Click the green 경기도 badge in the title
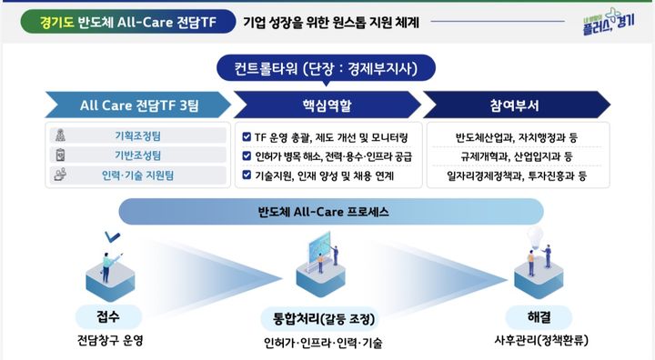tap(55, 19)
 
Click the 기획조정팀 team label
tap(137, 136)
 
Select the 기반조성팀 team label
tap(137, 155)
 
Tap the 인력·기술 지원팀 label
tap(137, 174)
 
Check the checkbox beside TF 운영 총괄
tap(247, 137)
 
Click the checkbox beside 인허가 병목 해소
tap(247, 155)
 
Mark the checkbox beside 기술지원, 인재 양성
tap(247, 174)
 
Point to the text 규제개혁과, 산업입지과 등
tap(515, 155)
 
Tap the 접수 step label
tap(109, 317)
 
